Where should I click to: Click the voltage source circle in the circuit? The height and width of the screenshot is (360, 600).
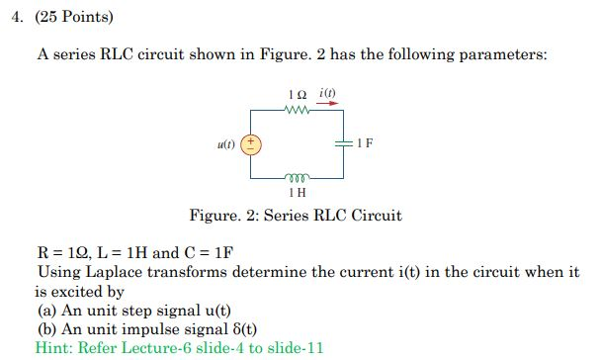click(x=252, y=144)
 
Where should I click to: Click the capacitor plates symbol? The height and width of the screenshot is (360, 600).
click(x=344, y=143)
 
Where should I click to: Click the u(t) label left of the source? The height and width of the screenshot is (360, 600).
click(x=227, y=144)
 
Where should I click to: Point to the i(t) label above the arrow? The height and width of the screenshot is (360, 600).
click(x=328, y=92)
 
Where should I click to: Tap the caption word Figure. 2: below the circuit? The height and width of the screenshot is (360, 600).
click(x=223, y=215)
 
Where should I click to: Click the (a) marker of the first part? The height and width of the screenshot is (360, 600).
click(x=46, y=310)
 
